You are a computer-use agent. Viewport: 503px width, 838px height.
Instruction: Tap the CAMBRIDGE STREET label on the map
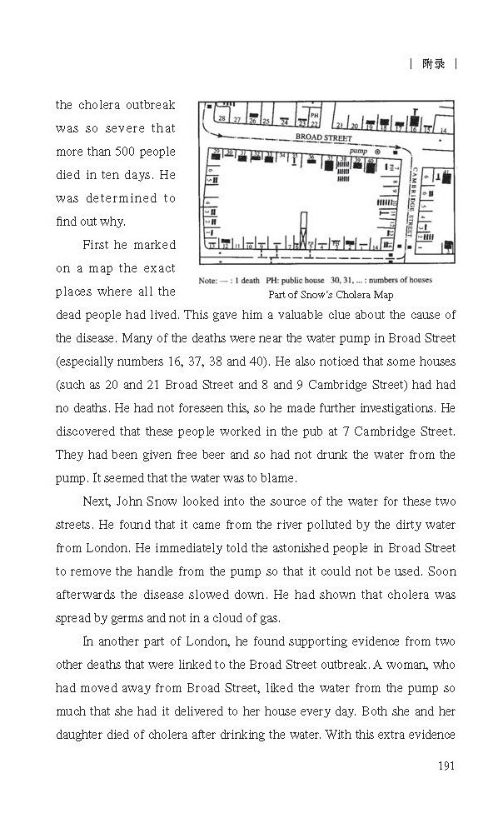click(410, 196)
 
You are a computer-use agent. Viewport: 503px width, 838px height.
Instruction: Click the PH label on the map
click(314, 115)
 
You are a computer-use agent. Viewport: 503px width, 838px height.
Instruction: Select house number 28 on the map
click(222, 118)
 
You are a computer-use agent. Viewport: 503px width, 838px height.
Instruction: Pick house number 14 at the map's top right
click(443, 130)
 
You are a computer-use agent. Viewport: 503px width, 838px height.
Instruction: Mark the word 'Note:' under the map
click(210, 281)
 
